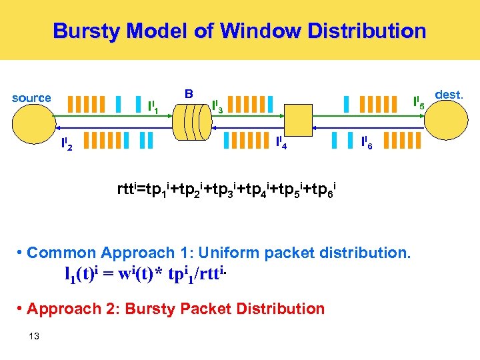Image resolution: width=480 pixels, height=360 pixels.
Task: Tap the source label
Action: pyautogui.click(x=31, y=98)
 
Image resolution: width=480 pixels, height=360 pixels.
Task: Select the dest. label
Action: pyautogui.click(x=449, y=95)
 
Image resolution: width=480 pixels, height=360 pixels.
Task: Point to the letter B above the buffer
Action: pyautogui.click(x=189, y=94)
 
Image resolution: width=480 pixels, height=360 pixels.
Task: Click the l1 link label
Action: pyautogui.click(x=152, y=106)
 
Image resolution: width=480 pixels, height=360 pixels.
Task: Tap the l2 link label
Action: pyautogui.click(x=67, y=143)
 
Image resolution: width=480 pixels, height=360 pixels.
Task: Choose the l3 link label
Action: pyautogui.click(x=217, y=106)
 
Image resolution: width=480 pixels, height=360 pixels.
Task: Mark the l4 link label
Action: pyautogui.click(x=281, y=142)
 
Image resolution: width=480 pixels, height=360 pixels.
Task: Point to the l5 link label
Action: pyautogui.click(x=419, y=103)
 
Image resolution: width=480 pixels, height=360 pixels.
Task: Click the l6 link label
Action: pyautogui.click(x=366, y=142)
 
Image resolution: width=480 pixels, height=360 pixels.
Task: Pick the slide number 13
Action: pyautogui.click(x=35, y=335)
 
